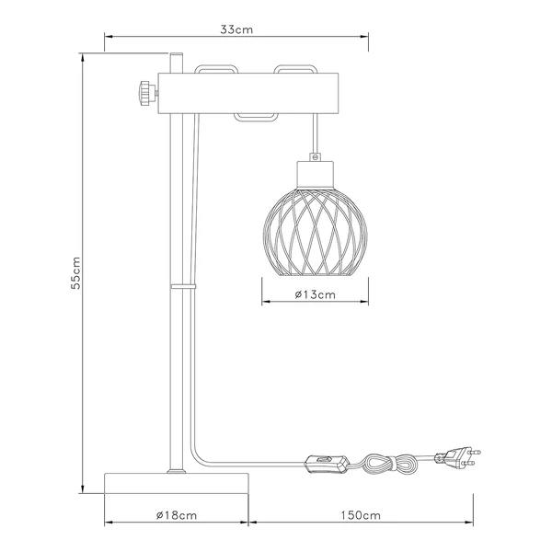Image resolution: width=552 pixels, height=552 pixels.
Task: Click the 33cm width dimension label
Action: pyautogui.click(x=236, y=29)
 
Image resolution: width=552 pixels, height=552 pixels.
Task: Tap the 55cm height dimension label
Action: pyautogui.click(x=75, y=273)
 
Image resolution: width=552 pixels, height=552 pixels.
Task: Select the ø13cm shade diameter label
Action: pyautogui.click(x=315, y=294)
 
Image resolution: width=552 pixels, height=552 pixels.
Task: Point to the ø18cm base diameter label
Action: pyautogui.click(x=177, y=515)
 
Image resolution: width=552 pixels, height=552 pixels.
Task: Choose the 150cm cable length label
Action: pyautogui.click(x=361, y=515)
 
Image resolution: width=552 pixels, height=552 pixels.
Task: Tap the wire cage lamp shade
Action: pyautogui.click(x=315, y=233)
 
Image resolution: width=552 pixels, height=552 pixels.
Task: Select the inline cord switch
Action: pyautogui.click(x=327, y=464)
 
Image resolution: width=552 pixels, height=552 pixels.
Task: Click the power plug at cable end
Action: pyautogui.click(x=457, y=457)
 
